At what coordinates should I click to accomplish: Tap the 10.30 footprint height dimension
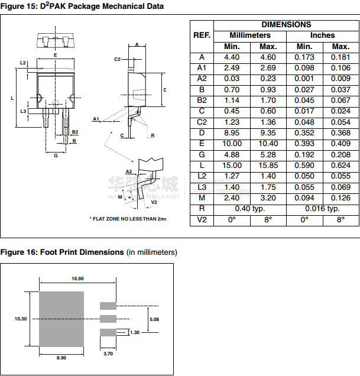pyautogui.click(x=21, y=319)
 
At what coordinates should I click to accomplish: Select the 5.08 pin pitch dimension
pyautogui.click(x=154, y=319)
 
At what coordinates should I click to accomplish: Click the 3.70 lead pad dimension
pyautogui.click(x=108, y=354)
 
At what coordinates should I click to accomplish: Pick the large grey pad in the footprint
pyautogui.click(x=61, y=319)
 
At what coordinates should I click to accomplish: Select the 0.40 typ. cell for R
pyautogui.click(x=249, y=208)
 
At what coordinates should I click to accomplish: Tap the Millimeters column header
pyautogui.click(x=249, y=35)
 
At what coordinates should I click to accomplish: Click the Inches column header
pyautogui.click(x=323, y=35)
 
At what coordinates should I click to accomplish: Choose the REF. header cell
pyautogui.click(x=202, y=35)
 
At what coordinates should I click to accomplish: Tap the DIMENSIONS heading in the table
pyautogui.click(x=286, y=25)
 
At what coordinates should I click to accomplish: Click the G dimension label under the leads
pyautogui.click(x=56, y=155)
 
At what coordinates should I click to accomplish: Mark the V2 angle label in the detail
pyautogui.click(x=154, y=202)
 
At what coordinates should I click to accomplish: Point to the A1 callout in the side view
pyautogui.click(x=95, y=119)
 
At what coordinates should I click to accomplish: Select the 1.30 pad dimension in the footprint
pyautogui.click(x=135, y=333)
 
